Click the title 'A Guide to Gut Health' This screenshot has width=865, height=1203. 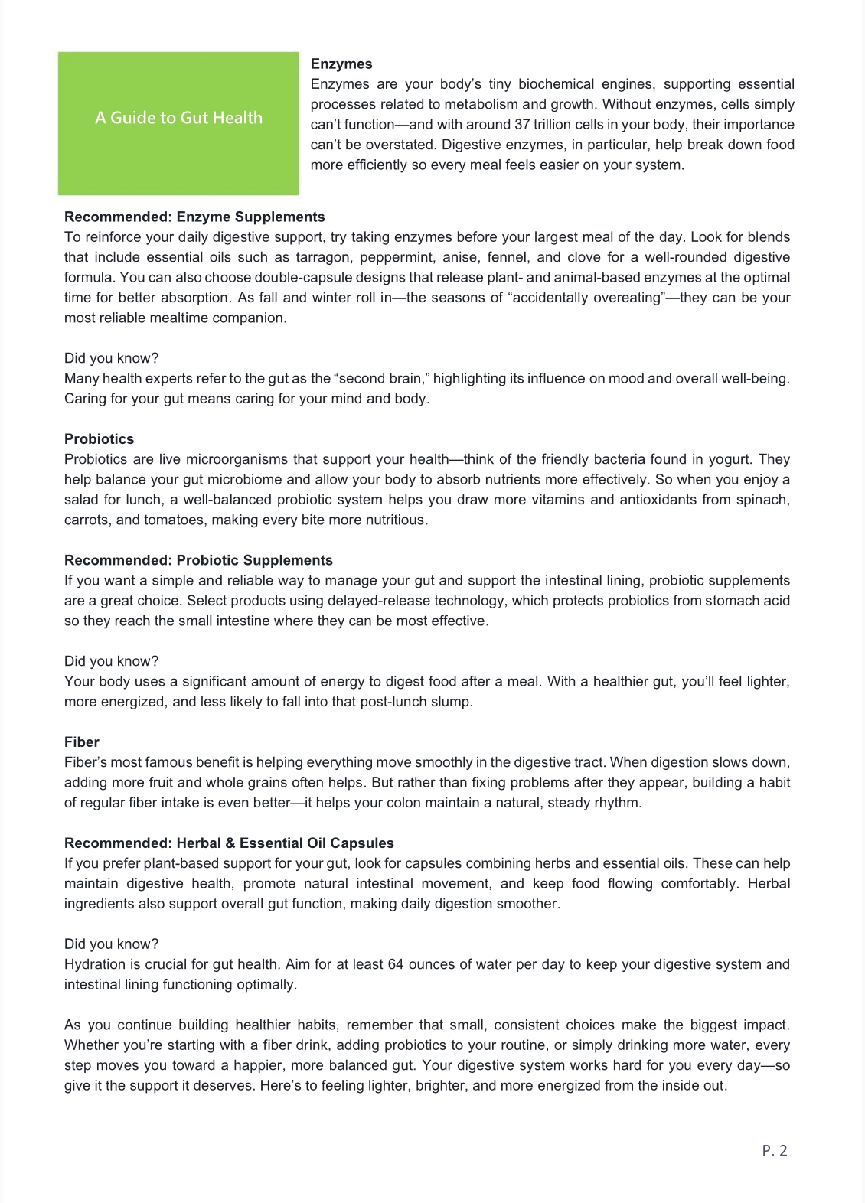[x=178, y=118]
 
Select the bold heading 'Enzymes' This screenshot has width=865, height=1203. [x=341, y=64]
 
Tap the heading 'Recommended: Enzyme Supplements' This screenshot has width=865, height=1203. [x=194, y=217]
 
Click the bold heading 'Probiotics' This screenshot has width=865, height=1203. [x=99, y=439]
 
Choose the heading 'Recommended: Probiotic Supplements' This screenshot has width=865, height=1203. [x=198, y=560]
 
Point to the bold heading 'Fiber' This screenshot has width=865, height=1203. [x=82, y=742]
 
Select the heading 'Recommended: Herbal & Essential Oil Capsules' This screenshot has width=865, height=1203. [x=229, y=843]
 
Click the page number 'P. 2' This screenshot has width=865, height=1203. [x=775, y=1150]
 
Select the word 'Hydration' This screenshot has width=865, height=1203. [x=95, y=964]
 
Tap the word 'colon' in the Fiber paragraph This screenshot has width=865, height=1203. [x=412, y=803]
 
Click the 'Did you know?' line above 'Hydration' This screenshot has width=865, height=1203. [x=111, y=944]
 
